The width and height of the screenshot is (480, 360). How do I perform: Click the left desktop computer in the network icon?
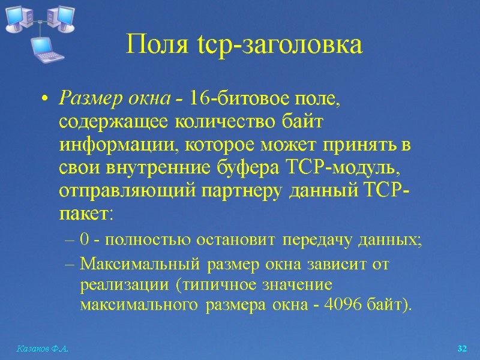[17, 19]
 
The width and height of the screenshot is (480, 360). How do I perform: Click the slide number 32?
[461, 349]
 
